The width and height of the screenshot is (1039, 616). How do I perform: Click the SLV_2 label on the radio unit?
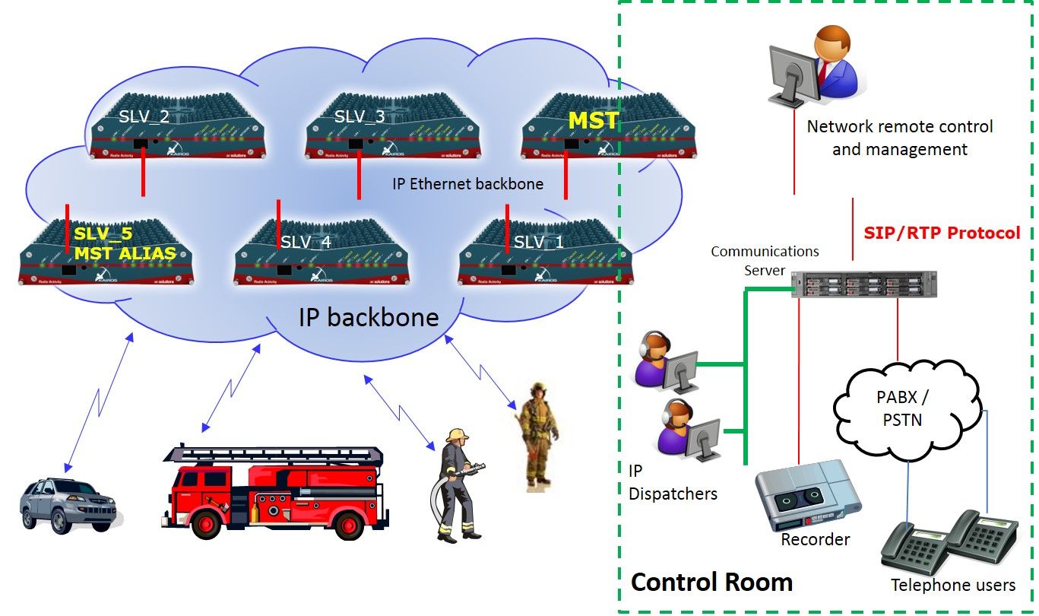[x=144, y=116]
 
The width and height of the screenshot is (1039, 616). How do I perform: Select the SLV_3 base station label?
[x=360, y=116]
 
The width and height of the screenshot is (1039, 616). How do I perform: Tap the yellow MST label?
[x=594, y=120]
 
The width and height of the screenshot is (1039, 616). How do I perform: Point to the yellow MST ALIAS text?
[x=124, y=253]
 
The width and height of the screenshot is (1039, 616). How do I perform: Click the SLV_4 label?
[x=306, y=243]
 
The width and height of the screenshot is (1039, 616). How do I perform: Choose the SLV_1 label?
[x=539, y=243]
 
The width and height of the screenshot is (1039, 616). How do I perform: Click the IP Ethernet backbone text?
[x=467, y=183]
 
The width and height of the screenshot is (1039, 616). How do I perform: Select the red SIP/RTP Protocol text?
[x=942, y=233]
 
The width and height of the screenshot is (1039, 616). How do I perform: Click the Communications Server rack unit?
[x=863, y=284]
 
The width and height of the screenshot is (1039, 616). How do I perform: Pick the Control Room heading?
[x=711, y=583]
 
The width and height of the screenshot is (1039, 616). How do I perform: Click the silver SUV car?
[x=68, y=503]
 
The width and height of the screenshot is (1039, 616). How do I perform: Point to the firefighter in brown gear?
[x=539, y=434]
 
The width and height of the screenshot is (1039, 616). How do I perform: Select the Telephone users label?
[x=952, y=585]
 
